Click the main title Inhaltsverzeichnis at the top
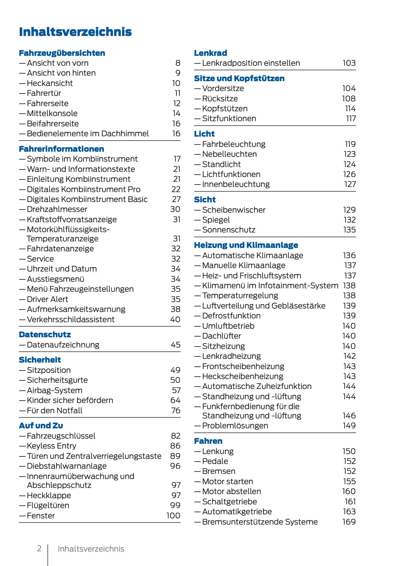coord(75,32)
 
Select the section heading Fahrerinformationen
coord(61,149)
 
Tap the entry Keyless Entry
coord(51,446)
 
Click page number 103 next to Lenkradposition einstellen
coord(349,63)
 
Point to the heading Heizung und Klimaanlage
coord(246,245)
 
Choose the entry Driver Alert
coord(47,299)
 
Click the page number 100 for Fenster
coord(173,516)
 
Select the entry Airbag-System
coord(54,390)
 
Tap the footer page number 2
coord(39,549)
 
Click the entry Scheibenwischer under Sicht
coord(234,210)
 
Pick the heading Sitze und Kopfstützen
coord(239,78)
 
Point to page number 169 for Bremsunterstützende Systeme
coord(349,522)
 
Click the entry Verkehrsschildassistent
coord(71,319)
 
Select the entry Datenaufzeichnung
coord(63,345)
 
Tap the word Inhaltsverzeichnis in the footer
coord(91,549)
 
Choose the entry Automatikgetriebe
coord(237,512)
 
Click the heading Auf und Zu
coord(41,426)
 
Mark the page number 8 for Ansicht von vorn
coord(178,63)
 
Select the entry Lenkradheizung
coord(231,356)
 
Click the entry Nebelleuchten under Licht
coord(229,154)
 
